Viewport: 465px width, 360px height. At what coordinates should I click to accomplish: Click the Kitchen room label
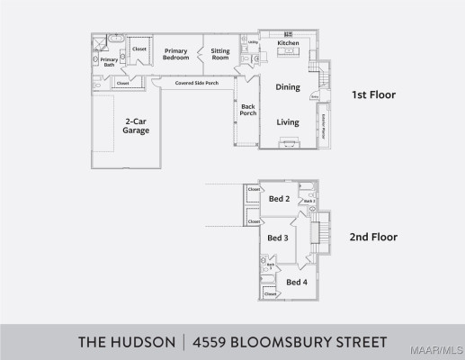pos(288,43)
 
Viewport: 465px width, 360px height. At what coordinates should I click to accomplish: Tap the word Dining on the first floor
pos(288,87)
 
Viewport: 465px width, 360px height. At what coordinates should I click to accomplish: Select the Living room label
pos(288,121)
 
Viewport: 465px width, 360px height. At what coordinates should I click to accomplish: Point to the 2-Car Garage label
pos(136,125)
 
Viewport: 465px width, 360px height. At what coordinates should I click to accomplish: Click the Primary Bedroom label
pos(175,54)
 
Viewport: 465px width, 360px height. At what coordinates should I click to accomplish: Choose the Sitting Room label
pos(220,54)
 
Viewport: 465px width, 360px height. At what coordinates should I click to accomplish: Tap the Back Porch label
pos(248,110)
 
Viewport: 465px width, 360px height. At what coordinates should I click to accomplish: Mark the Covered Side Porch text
pos(196,82)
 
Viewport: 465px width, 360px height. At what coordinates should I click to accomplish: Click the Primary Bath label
pos(108,62)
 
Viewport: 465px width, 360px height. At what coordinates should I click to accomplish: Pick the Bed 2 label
pos(280,199)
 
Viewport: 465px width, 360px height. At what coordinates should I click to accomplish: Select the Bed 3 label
pos(278,238)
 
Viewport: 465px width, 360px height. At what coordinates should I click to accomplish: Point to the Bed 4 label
pos(296,282)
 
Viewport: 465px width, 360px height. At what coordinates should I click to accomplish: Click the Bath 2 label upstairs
pos(308,201)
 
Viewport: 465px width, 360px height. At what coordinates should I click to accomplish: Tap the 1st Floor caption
pos(373,94)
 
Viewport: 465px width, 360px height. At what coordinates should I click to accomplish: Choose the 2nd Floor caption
pos(373,238)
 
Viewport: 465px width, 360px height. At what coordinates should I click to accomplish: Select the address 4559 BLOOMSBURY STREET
pos(292,342)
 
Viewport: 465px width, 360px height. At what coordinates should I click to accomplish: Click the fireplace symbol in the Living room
pos(289,142)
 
